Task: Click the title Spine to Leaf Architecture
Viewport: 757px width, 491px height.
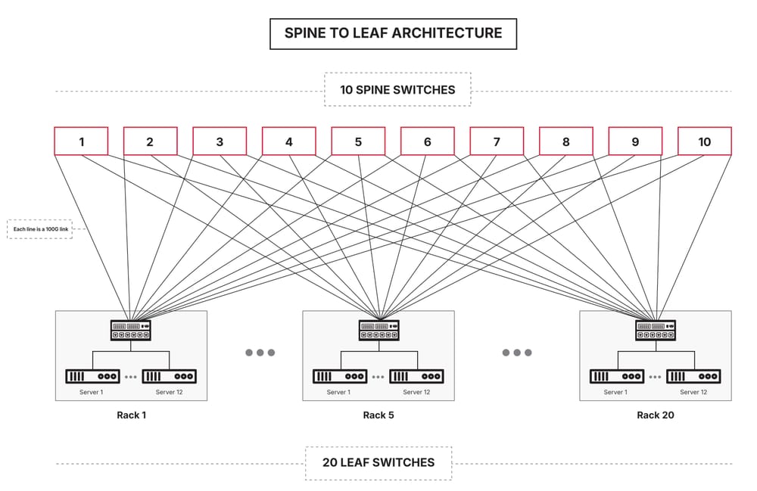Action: coord(393,33)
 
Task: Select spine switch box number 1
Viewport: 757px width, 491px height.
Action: coord(81,141)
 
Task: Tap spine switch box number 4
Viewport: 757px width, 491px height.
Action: coord(289,141)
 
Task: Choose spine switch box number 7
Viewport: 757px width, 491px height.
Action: coord(497,141)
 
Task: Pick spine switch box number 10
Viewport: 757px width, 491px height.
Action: coord(704,141)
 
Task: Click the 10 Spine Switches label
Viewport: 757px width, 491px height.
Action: coord(397,89)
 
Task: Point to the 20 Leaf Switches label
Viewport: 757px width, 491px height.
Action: coord(378,462)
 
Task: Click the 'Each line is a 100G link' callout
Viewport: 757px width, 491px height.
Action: coord(39,228)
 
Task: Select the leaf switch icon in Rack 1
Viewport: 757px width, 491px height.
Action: coord(131,330)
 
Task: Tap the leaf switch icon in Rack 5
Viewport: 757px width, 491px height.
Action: coord(378,330)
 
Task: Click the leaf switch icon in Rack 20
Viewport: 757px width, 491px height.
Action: coord(656,330)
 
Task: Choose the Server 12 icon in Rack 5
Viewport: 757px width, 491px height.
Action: coord(416,376)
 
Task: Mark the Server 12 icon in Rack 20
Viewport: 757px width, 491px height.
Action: coord(693,376)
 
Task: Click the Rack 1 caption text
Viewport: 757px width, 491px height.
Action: coord(131,415)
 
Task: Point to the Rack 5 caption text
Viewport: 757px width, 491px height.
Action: coord(378,415)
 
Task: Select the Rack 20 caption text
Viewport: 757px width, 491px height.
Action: coord(656,415)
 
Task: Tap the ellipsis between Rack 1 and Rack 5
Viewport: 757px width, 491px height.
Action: coord(260,353)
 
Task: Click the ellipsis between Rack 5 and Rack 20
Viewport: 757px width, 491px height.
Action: coord(517,353)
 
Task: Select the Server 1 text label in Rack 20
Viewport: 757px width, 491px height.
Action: coord(615,392)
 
